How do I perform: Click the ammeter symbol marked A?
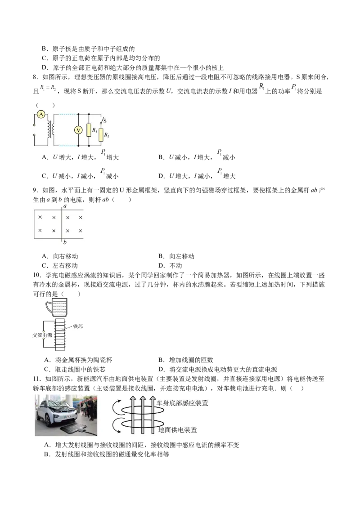click(x=41, y=115)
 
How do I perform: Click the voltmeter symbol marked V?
click(x=78, y=130)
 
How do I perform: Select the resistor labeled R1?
click(x=89, y=130)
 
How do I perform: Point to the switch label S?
click(x=105, y=120)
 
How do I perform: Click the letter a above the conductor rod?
click(x=65, y=206)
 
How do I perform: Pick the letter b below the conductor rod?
click(x=66, y=243)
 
